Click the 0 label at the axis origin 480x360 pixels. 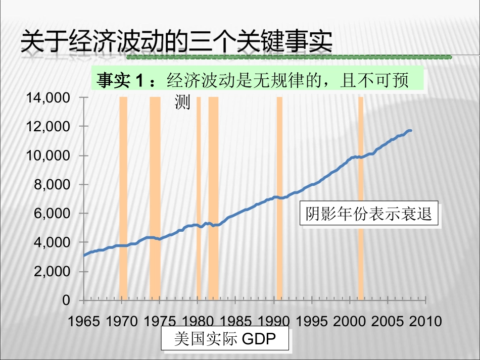(x=66, y=300)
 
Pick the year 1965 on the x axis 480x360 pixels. (x=83, y=321)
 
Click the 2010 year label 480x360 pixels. (x=425, y=321)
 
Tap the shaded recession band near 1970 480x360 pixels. (x=123, y=202)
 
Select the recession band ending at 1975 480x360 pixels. (x=155, y=202)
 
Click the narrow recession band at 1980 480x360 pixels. (x=199, y=202)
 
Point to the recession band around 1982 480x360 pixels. (x=213, y=202)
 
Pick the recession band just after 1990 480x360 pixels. (x=279, y=202)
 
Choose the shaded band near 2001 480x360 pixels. (x=361, y=202)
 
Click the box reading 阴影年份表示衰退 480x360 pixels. (x=369, y=215)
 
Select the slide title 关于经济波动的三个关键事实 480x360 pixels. (x=176, y=42)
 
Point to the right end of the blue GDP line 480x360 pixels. (x=410, y=130)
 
